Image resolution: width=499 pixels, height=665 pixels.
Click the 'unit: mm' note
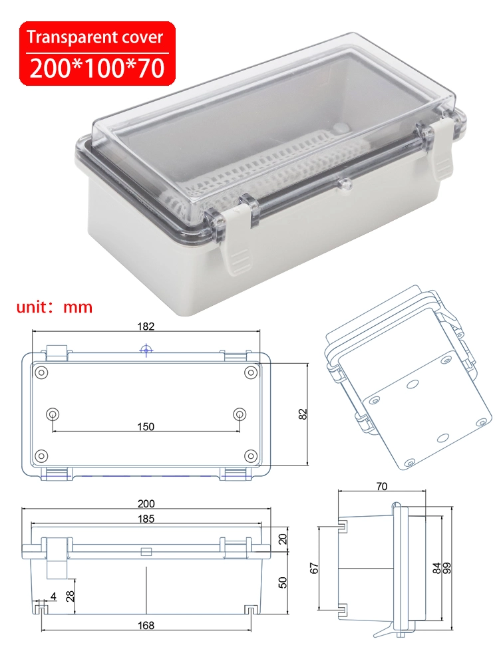[x=54, y=307]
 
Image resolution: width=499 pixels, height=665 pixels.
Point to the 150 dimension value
[x=144, y=426]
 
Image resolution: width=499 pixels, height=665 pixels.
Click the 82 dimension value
[x=303, y=414]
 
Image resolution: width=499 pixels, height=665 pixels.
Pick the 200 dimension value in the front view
[x=146, y=504]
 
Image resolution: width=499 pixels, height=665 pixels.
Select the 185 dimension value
[x=146, y=519]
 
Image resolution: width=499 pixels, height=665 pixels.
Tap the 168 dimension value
[x=146, y=625]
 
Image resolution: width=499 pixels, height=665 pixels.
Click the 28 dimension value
[x=70, y=589]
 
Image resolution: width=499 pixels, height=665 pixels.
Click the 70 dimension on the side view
[x=381, y=487]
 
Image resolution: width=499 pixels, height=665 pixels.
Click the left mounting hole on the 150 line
[x=52, y=414]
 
